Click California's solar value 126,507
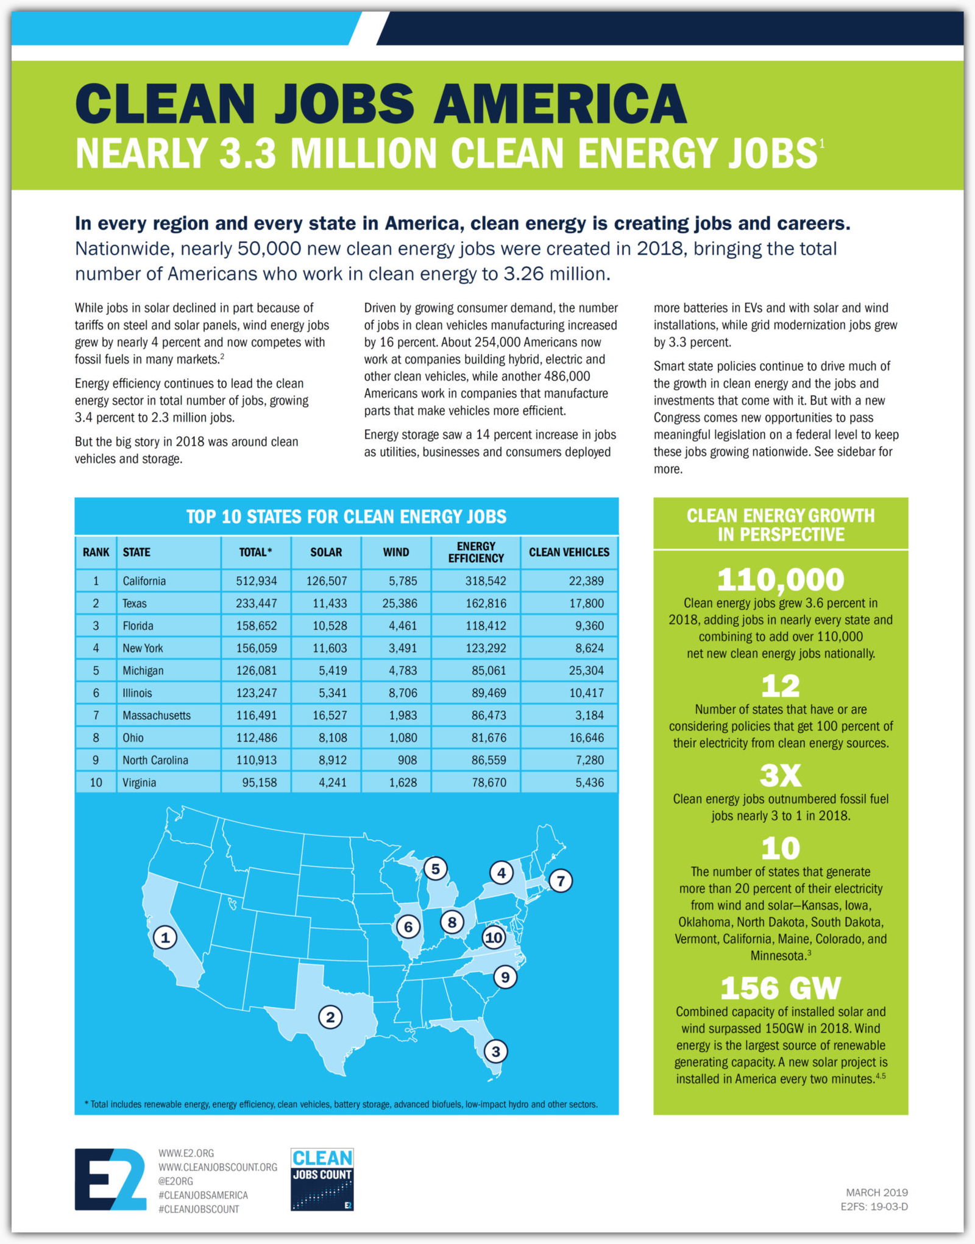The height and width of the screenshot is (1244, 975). (327, 581)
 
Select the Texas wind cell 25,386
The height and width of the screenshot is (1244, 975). (400, 603)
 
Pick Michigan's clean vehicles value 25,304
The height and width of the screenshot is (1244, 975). (586, 670)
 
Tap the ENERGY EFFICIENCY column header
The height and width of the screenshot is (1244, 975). (476, 552)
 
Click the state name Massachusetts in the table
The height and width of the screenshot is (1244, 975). (157, 715)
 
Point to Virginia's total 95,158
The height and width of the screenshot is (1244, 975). (259, 782)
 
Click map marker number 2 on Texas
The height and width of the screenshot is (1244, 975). (330, 1017)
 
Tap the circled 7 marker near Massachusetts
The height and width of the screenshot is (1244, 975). (561, 880)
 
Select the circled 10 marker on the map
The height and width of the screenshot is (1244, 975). (494, 938)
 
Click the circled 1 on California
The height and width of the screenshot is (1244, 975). (165, 937)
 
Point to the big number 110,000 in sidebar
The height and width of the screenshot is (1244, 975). (780, 579)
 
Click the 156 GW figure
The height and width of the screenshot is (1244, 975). (780, 988)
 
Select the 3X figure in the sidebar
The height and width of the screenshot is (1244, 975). (780, 776)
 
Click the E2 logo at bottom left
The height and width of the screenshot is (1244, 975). (110, 1179)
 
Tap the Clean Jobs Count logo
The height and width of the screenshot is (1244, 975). (322, 1179)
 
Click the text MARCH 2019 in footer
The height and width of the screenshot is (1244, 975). (876, 1192)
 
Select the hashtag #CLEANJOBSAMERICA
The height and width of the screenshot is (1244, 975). (203, 1195)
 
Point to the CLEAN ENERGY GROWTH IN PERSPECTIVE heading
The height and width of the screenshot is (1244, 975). (780, 525)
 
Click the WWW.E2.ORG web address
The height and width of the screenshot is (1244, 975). (186, 1153)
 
